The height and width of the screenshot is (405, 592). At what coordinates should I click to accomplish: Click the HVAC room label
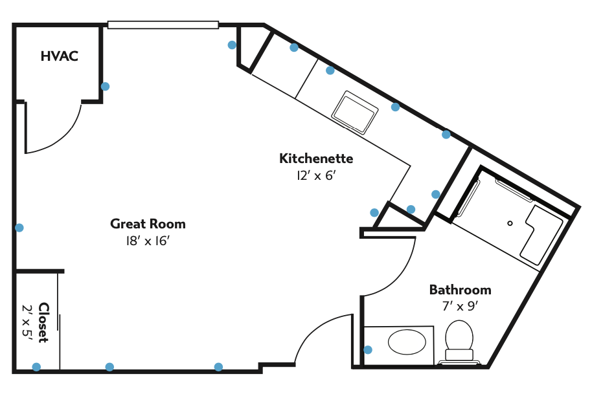[60, 56]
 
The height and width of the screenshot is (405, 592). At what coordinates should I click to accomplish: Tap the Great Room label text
[148, 224]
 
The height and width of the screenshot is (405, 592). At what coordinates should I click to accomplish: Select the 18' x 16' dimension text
[148, 241]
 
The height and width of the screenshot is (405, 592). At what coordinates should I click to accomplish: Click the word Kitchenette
[316, 159]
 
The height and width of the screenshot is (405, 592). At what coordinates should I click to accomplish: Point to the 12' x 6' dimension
[316, 175]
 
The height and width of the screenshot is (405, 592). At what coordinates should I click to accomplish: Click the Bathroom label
[461, 290]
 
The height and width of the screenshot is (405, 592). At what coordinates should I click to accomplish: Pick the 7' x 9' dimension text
[461, 306]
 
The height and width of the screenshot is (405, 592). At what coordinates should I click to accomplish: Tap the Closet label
[44, 322]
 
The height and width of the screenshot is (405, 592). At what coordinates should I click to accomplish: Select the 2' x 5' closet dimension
[27, 322]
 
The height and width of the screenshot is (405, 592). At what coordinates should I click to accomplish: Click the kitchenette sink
[355, 113]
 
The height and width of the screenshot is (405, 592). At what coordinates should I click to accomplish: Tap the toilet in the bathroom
[459, 341]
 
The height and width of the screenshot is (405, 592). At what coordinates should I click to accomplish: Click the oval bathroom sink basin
[407, 342]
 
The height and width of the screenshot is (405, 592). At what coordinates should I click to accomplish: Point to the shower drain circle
[510, 223]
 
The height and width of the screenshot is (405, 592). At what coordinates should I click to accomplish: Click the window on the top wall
[163, 25]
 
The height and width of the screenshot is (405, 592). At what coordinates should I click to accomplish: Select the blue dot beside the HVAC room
[106, 87]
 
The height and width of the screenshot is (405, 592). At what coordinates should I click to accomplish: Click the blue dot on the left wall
[19, 228]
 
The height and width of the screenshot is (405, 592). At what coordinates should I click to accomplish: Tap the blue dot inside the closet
[36, 367]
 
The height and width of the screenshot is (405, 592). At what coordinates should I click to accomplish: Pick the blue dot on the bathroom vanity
[368, 350]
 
